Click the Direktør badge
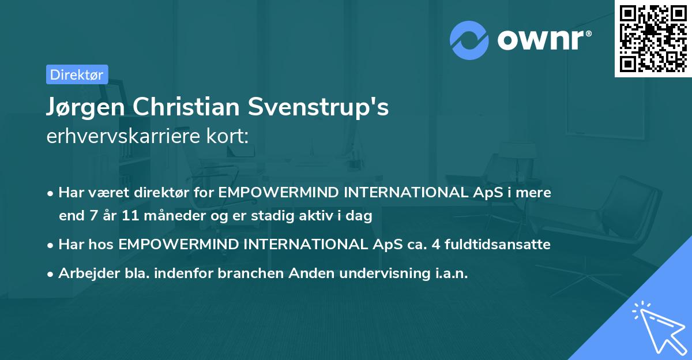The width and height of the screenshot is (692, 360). coord(77,74)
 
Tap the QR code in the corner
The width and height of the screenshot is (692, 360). coord(653,38)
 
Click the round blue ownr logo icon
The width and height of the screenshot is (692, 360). coord(469,40)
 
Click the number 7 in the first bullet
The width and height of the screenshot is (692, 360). coord(91,216)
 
